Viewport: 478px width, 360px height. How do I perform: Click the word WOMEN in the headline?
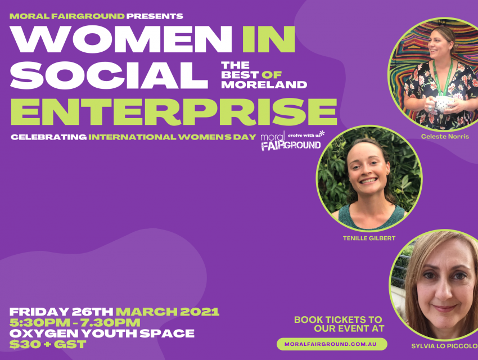click(121, 39)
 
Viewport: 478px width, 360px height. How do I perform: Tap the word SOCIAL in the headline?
click(109, 75)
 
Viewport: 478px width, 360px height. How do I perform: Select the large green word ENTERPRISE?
click(173, 111)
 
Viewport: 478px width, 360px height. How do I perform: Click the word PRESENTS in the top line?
click(155, 16)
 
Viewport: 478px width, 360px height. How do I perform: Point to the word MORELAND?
click(264, 84)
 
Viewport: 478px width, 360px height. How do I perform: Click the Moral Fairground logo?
click(291, 141)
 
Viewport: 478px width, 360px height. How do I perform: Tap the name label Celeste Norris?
click(445, 137)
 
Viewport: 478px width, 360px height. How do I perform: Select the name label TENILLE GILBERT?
click(369, 238)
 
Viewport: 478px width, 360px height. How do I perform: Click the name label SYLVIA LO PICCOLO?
click(444, 346)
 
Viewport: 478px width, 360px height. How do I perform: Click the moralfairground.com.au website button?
click(332, 344)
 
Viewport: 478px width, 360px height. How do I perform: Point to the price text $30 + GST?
click(48, 344)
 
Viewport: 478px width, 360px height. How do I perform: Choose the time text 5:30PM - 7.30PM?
click(75, 322)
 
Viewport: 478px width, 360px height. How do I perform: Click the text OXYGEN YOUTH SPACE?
click(102, 334)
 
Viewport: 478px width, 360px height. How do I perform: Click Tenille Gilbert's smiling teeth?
click(368, 181)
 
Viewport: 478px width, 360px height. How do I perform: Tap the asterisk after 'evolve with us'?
click(322, 133)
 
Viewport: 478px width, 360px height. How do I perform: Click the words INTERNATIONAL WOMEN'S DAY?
click(172, 137)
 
